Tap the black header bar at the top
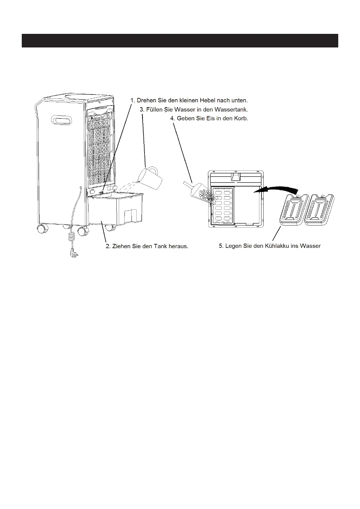(180, 41)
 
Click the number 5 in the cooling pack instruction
(221, 246)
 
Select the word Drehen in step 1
(146, 100)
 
